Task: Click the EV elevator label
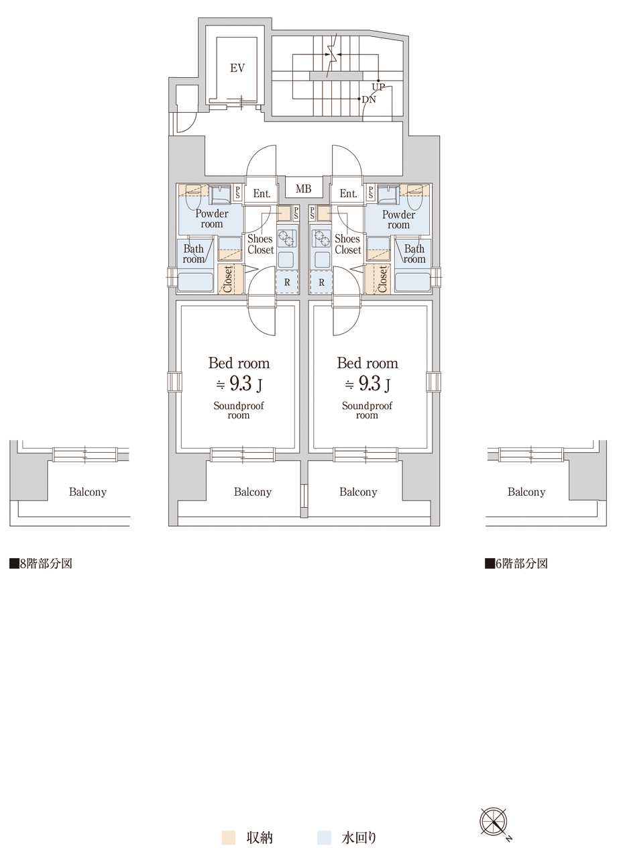237,68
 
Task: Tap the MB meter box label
304,188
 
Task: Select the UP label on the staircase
378,87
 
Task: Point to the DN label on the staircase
369,99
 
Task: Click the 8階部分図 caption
41,563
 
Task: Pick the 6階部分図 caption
516,563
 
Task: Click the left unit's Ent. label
262,193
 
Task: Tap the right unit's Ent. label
349,193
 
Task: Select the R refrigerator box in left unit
287,282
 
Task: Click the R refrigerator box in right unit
321,282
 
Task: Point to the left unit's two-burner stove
287,239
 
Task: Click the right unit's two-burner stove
321,239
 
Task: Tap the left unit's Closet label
228,279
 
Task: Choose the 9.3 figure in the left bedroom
240,384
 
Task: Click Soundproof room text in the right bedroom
367,411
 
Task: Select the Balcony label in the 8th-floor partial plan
88,492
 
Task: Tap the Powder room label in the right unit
398,220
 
